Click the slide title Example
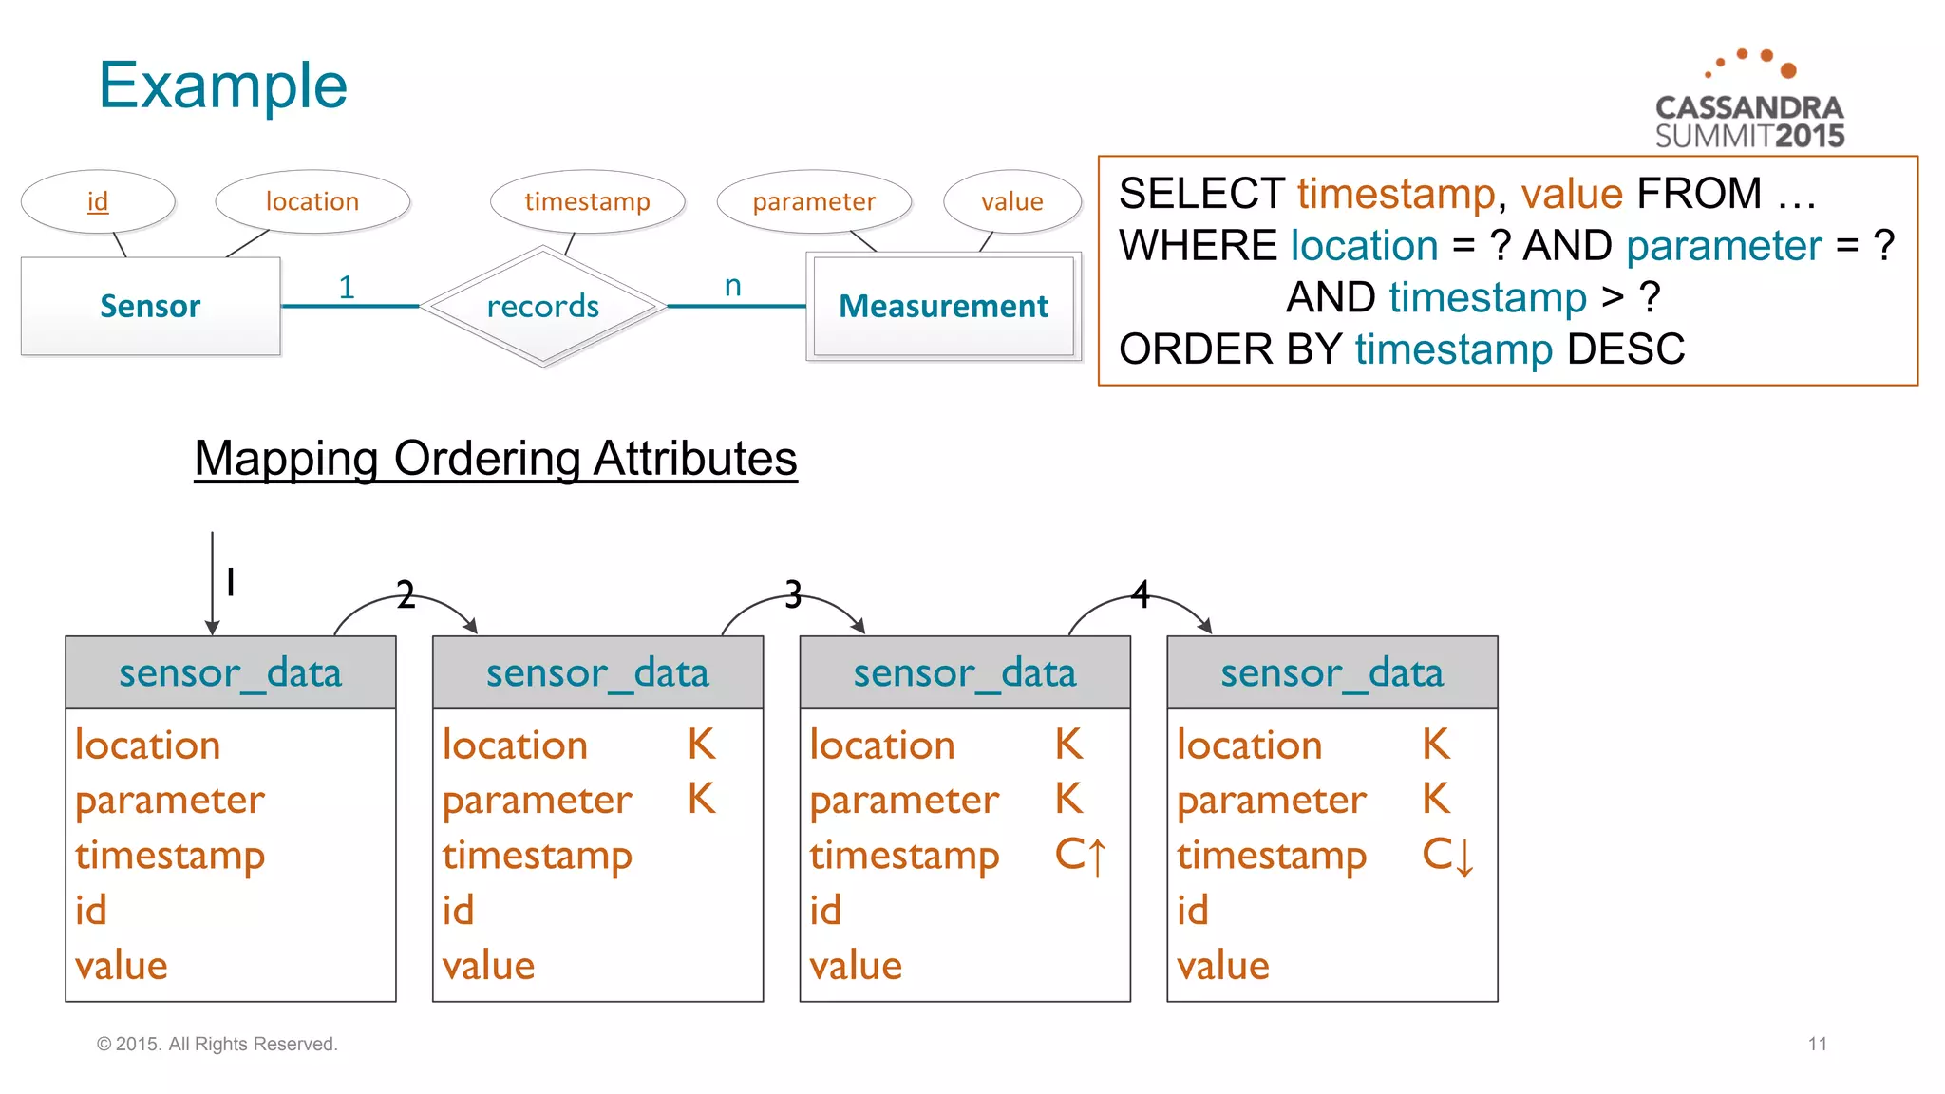(223, 85)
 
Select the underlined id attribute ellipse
(98, 201)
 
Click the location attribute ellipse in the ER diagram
(312, 201)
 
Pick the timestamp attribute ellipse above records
(587, 201)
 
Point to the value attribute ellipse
(1011, 201)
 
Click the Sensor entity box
(151, 306)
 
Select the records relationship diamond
(542, 306)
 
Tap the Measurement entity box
(943, 306)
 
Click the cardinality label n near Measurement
(732, 285)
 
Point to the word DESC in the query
(1625, 349)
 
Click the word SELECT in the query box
(1201, 194)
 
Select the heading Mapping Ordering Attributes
(495, 459)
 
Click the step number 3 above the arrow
(793, 595)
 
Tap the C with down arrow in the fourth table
(1447, 855)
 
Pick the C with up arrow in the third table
(1081, 855)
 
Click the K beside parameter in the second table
(701, 799)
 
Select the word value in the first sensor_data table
(122, 966)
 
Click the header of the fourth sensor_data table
(1331, 672)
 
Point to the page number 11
(1817, 1044)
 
